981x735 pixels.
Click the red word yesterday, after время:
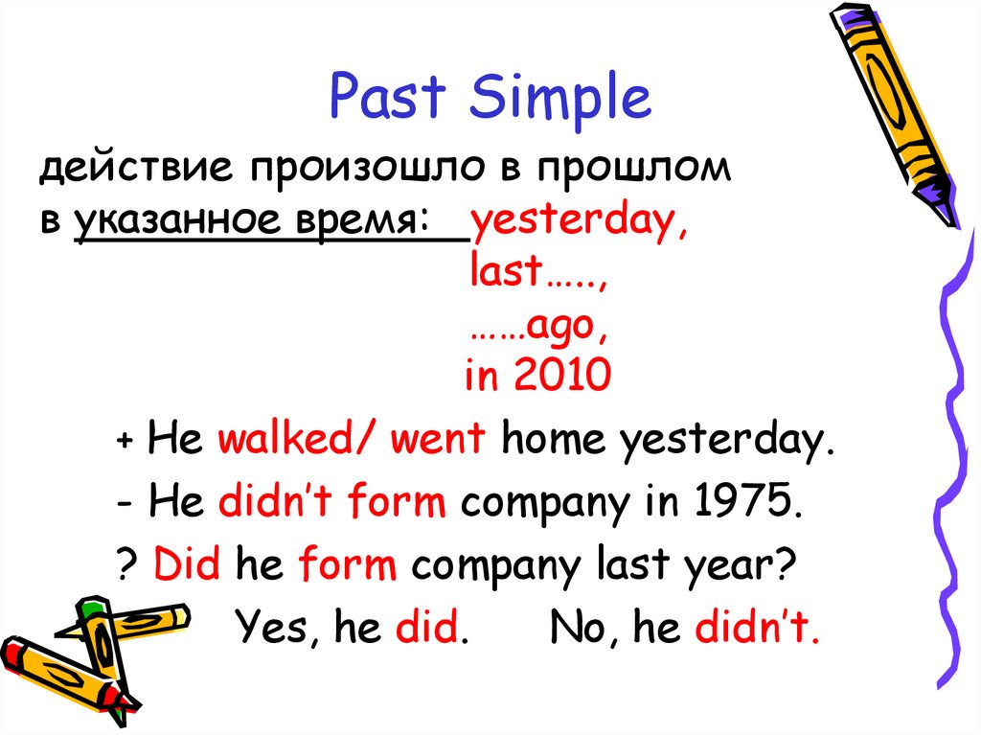point(578,222)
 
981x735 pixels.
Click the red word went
point(442,440)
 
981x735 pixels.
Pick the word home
point(555,440)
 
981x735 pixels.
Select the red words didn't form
point(331,503)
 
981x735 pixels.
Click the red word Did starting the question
point(188,566)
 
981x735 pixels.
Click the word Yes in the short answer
point(278,629)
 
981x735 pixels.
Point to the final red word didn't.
point(757,629)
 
